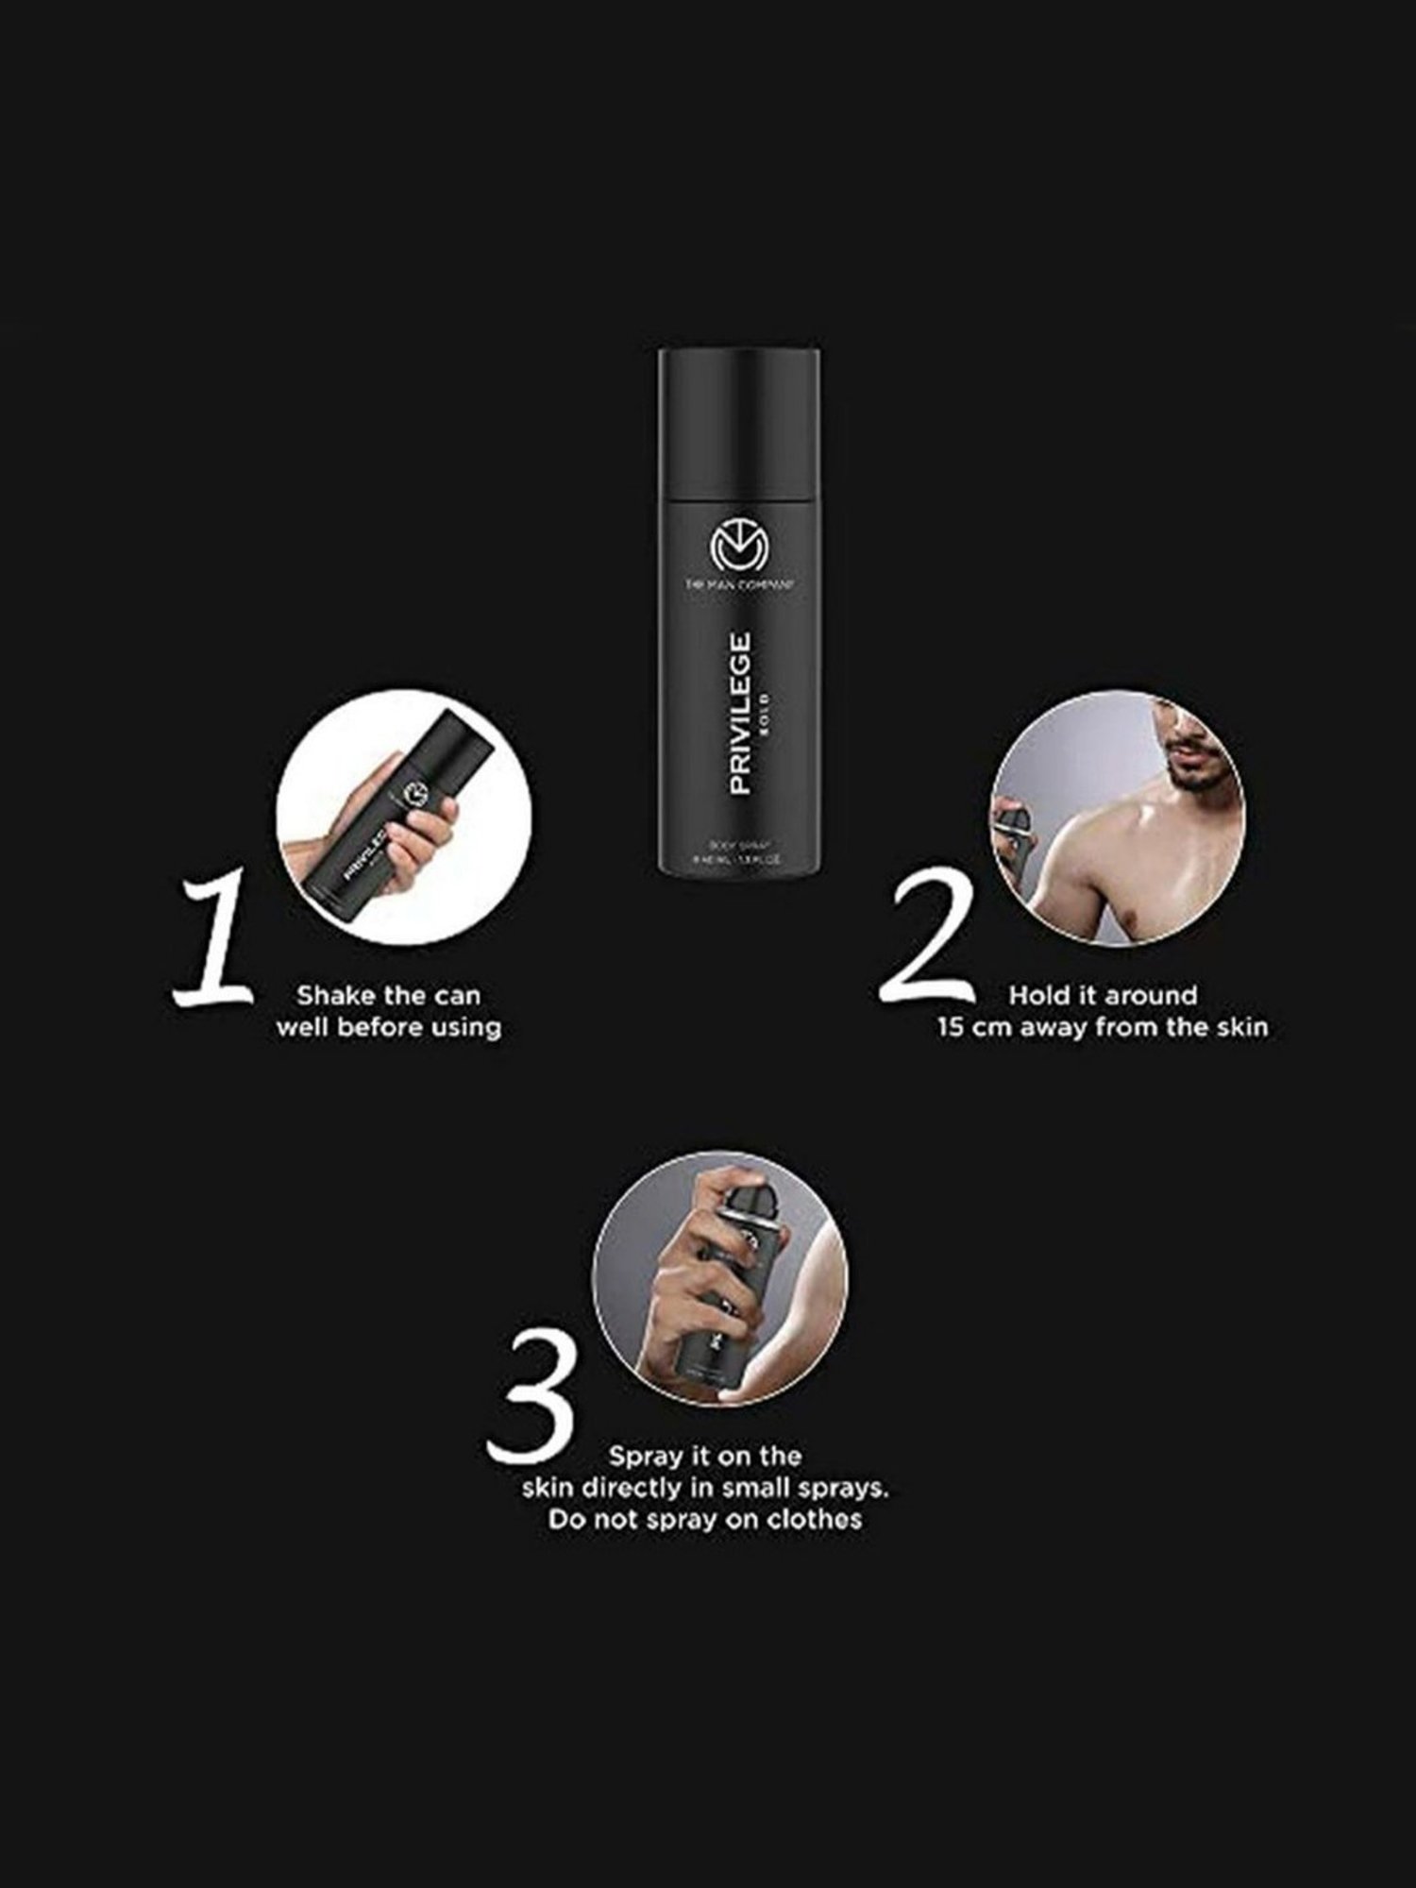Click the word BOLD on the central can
(765, 713)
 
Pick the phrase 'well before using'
(388, 1027)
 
